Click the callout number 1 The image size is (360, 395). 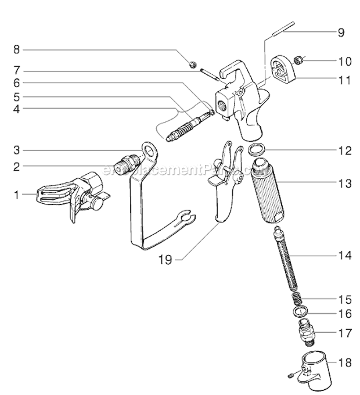17,195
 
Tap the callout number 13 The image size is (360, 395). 344,184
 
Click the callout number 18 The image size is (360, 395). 344,363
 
